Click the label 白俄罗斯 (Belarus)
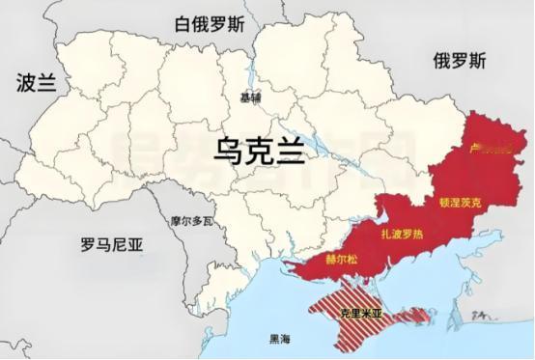click(211, 24)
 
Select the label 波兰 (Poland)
click(37, 83)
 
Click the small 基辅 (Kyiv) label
click(251, 97)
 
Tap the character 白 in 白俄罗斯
click(182, 24)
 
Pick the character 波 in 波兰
click(27, 83)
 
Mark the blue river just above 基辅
click(250, 83)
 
